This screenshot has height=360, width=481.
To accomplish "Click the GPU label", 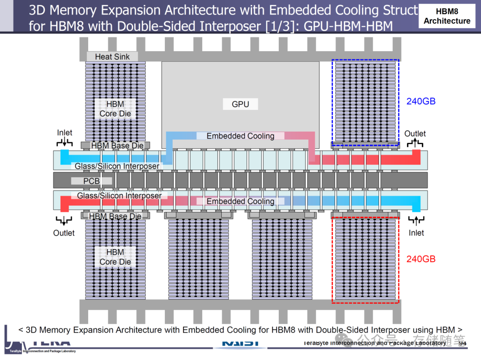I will tap(240, 105).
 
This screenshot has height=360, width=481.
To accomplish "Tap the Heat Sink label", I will tap(112, 57).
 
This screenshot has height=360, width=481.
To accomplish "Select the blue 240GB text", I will tap(421, 101).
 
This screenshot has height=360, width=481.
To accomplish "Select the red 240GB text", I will tap(421, 259).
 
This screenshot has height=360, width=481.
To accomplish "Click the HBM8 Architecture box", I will tap(447, 16).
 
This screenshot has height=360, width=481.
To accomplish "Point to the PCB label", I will tap(91, 181).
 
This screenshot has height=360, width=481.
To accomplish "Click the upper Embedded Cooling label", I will tap(240, 136).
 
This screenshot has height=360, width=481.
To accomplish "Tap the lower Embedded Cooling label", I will tap(240, 201).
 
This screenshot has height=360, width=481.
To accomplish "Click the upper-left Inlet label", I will tap(65, 133).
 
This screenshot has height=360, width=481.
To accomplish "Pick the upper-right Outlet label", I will tap(415, 133).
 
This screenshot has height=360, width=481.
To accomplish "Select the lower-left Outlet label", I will tap(64, 233).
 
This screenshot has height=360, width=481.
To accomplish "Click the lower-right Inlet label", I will tap(416, 233).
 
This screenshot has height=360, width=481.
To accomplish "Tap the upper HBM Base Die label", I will tap(117, 146).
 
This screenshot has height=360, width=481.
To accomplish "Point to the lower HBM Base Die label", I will tap(115, 216).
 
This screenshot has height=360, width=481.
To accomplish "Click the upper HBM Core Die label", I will tap(115, 109).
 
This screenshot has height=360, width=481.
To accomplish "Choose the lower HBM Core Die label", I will tap(115, 257).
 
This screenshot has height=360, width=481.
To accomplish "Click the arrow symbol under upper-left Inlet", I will tap(65, 142).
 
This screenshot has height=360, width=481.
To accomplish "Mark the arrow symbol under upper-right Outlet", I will tap(416, 143).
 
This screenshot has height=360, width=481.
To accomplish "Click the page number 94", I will tap(462, 344).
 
